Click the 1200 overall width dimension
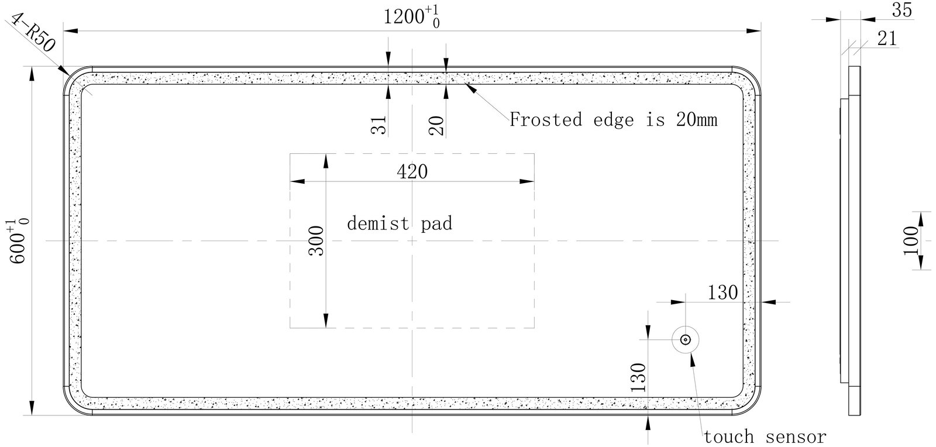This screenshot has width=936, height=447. coord(412,17)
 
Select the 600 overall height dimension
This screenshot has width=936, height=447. coord(18,241)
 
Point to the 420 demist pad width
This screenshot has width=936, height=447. coord(412,171)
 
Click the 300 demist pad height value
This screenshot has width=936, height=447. coord(316,241)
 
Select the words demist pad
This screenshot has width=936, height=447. coord(400,223)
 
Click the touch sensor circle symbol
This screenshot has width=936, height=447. coord(685,339)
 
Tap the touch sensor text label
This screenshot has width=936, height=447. coord(765,437)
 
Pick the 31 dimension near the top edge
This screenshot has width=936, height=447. coord(379,125)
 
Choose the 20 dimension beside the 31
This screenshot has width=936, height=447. coord(436,125)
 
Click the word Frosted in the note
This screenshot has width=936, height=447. coord(546,119)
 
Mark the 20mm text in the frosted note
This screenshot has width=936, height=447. coord(697,120)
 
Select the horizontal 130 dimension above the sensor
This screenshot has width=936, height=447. coord(722,293)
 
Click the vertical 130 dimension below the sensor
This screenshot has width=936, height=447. coord(638,377)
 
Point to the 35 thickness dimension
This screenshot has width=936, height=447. coord(902,10)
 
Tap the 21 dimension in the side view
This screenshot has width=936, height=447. coord(887,39)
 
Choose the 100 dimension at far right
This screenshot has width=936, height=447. coord(911,241)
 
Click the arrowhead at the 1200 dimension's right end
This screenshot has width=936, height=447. coord(754,31)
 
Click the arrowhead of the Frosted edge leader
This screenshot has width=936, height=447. coord(470,88)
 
